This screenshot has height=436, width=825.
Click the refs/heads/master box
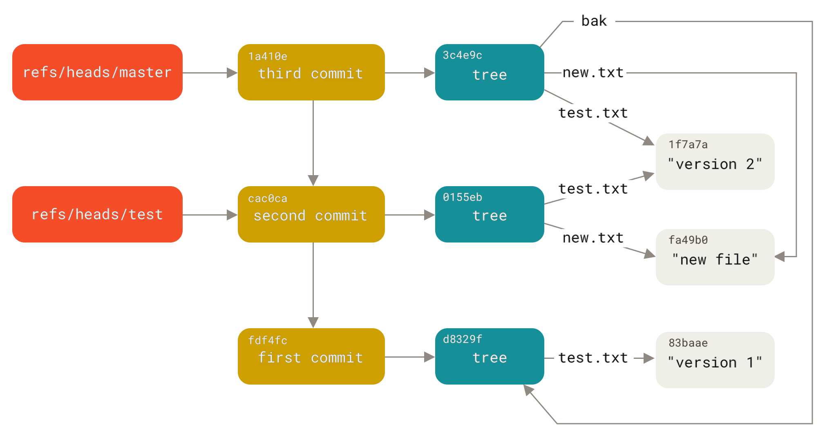[x=97, y=72]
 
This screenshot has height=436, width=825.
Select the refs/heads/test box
[x=97, y=214]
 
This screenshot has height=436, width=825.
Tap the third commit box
[x=311, y=73]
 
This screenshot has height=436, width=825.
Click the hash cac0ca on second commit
[x=268, y=199]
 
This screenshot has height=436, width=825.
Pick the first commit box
[x=311, y=356]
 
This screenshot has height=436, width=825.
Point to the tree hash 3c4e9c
[x=462, y=55]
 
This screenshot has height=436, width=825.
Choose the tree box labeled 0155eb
[x=489, y=214]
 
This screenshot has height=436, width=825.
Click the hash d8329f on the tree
[x=462, y=339]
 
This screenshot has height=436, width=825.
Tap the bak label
[x=594, y=21]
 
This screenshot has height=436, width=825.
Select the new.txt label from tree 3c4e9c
[x=593, y=73]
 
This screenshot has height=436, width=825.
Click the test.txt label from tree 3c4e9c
[x=593, y=113]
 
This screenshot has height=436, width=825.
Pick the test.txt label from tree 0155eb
[x=593, y=189]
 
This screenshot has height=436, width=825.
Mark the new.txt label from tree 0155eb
[x=593, y=238]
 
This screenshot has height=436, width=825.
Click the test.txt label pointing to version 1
[x=593, y=358]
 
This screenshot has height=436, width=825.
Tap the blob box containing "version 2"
[x=715, y=162]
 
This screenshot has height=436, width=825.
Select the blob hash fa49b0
[x=688, y=240]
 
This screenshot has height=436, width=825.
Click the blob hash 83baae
[x=688, y=343]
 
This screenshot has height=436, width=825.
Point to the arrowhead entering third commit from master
[x=233, y=73]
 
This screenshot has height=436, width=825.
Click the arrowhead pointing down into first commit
[x=313, y=323]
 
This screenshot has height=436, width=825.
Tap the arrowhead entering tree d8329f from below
[x=528, y=390]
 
